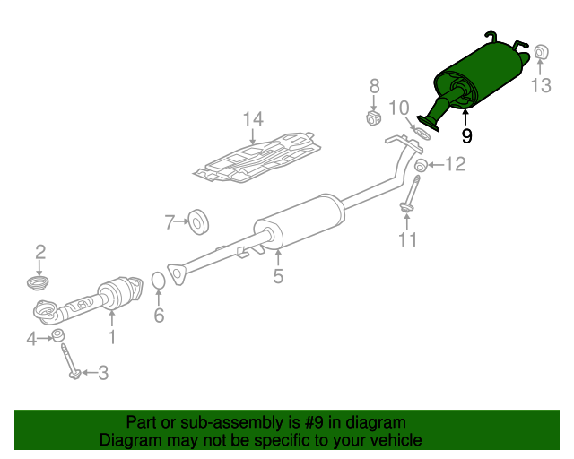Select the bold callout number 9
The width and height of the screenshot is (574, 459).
[466, 136]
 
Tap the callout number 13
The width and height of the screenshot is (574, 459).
[540, 87]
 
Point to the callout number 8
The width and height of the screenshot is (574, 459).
[375, 87]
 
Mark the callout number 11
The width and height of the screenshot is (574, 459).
[408, 239]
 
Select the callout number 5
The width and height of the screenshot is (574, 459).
[278, 277]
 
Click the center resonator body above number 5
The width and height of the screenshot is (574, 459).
[300, 222]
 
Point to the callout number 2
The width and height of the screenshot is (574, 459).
[39, 250]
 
